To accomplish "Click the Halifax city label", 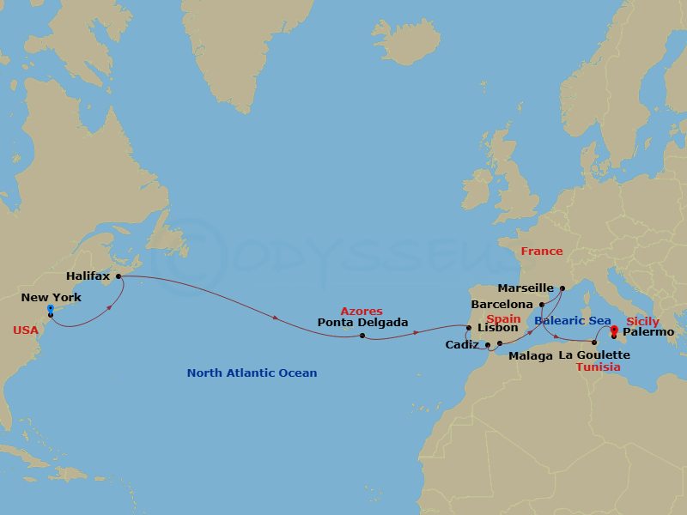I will click(x=88, y=276).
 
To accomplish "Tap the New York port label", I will click(x=52, y=298).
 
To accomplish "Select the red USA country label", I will click(x=26, y=330).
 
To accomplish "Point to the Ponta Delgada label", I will click(x=362, y=324).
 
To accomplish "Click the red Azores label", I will click(x=362, y=311).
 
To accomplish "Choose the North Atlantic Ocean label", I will click(x=252, y=373).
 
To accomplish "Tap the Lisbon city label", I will click(x=497, y=327).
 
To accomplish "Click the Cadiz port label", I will click(x=462, y=345).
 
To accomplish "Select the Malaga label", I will click(x=531, y=355).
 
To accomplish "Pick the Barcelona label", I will click(x=502, y=305).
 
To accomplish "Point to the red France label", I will click(x=542, y=251).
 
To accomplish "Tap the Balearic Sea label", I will click(x=573, y=321).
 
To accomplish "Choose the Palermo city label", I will click(x=649, y=331).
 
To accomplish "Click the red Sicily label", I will click(x=643, y=321).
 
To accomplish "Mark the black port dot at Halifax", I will click(x=119, y=276).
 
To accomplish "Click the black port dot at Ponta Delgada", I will click(x=362, y=336).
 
